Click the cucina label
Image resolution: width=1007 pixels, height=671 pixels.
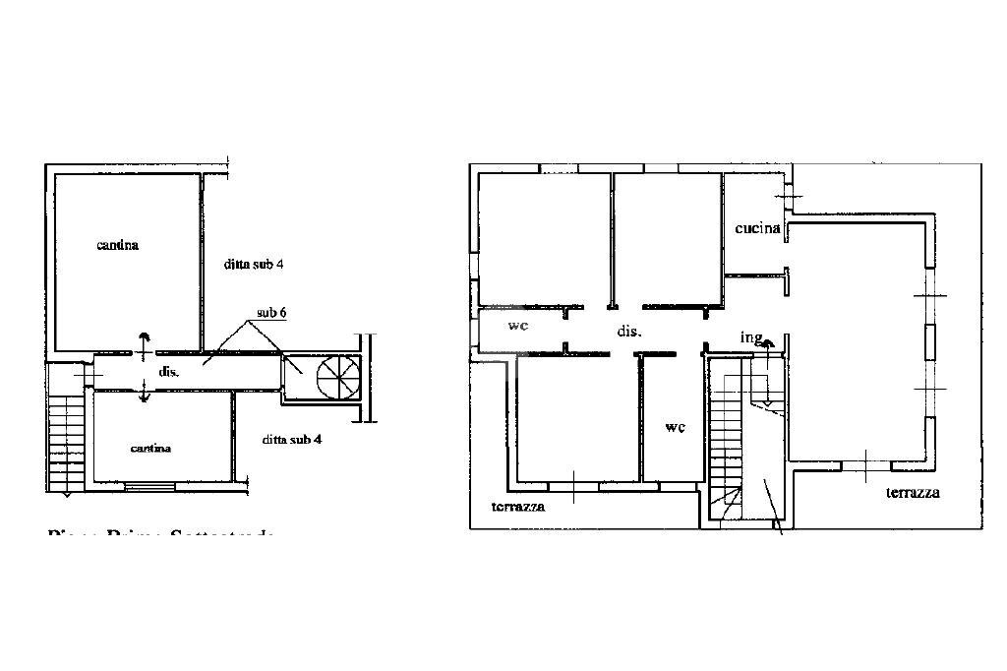click(x=757, y=228)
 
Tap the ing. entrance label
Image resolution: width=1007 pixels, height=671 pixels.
click(x=751, y=337)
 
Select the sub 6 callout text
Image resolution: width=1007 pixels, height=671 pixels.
click(x=272, y=313)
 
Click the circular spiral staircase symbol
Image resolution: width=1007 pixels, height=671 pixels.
click(x=336, y=375)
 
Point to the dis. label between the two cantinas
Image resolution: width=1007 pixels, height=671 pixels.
click(x=166, y=372)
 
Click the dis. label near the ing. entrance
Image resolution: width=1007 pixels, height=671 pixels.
click(x=629, y=332)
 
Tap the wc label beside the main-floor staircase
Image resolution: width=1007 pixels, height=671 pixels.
click(x=675, y=427)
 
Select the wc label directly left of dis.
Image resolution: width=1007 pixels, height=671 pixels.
click(x=518, y=325)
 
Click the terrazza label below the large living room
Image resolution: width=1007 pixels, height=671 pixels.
click(x=913, y=492)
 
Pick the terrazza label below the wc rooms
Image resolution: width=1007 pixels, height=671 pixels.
click(x=518, y=507)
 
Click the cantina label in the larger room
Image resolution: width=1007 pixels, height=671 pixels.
click(x=117, y=245)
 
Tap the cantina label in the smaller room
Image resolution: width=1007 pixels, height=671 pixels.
click(x=150, y=449)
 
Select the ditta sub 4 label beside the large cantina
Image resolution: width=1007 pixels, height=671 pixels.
click(x=253, y=264)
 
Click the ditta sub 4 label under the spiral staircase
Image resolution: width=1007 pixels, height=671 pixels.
click(x=292, y=439)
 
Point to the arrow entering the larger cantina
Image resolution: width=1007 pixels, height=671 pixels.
click(x=145, y=344)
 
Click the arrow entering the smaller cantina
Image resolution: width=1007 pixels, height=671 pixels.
click(x=145, y=391)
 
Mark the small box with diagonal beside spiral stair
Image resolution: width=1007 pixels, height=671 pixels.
click(x=293, y=374)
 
